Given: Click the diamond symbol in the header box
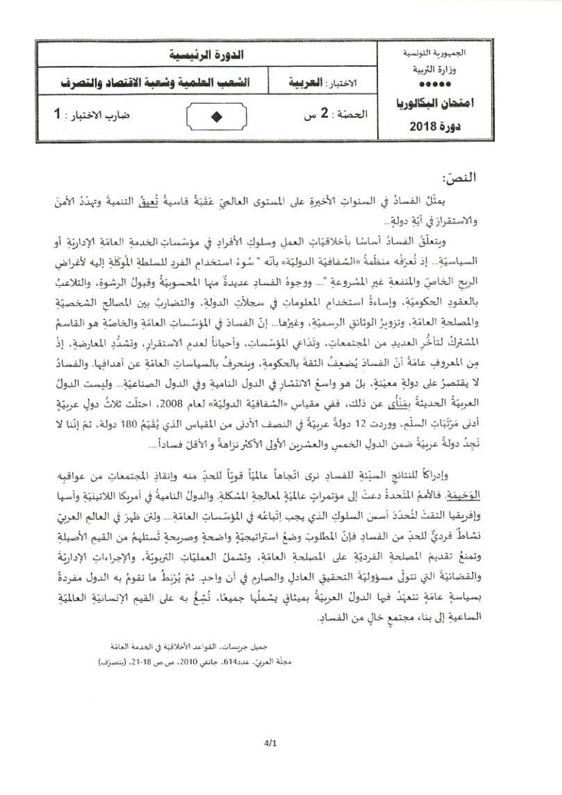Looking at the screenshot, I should coord(216,118).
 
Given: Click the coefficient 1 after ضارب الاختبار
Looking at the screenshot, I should coord(58,114).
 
